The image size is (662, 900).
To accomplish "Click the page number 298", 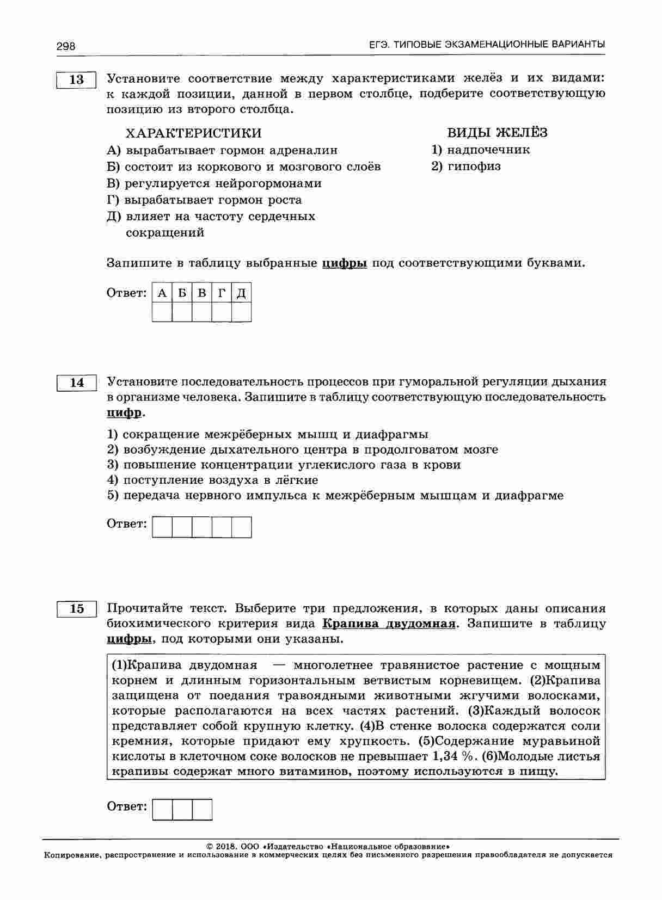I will pyautogui.click(x=65, y=46).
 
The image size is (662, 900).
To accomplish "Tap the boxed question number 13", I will pyautogui.click(x=77, y=79).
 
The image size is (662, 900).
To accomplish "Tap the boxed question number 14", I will pyautogui.click(x=77, y=383).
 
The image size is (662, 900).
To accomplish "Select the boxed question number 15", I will pyautogui.click(x=77, y=608).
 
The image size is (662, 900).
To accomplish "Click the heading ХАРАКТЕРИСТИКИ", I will pyautogui.click(x=193, y=133).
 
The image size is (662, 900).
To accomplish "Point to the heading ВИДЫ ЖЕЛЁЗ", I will pyautogui.click(x=497, y=133).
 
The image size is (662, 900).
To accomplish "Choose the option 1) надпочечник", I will pyautogui.click(x=480, y=150).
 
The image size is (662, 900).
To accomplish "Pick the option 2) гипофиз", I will pyautogui.click(x=466, y=166).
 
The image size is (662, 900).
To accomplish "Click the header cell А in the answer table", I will pyautogui.click(x=162, y=293).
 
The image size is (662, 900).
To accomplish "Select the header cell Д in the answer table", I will pyautogui.click(x=241, y=293).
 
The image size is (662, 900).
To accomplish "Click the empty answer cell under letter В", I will pyautogui.click(x=202, y=312).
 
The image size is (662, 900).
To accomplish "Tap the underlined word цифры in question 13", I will pyautogui.click(x=345, y=263).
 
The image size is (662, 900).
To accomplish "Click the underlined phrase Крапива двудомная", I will pyautogui.click(x=389, y=624).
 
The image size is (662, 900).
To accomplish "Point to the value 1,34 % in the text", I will pyautogui.click(x=452, y=756).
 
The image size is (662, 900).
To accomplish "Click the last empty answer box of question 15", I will pyautogui.click(x=202, y=809).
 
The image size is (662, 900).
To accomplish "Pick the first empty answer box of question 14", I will pyautogui.click(x=162, y=527).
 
